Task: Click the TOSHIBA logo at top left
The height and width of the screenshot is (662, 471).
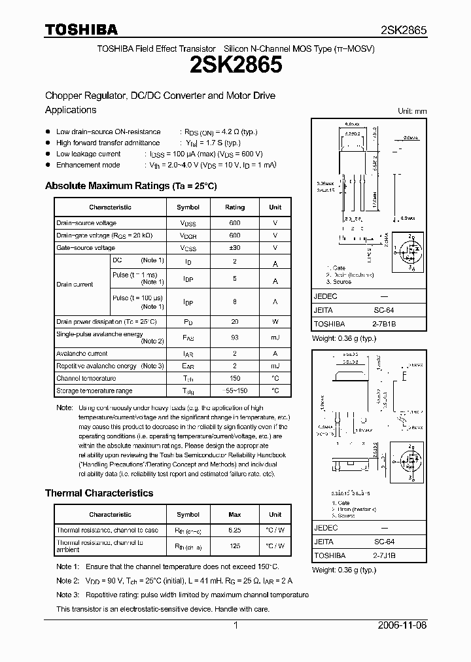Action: point(81,29)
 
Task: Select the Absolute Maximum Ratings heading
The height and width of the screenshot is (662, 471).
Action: point(131,186)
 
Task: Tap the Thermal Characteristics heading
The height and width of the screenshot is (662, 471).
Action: point(99,493)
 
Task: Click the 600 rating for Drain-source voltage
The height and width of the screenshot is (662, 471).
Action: point(235,223)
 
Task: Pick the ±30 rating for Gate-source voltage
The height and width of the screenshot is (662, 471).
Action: point(235,248)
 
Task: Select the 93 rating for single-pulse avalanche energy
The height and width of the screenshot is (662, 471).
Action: point(235,337)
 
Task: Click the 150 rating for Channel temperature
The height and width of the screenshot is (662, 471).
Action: point(235,378)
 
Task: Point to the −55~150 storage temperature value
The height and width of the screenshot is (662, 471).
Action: point(235,391)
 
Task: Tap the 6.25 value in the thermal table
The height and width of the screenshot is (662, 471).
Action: point(235,530)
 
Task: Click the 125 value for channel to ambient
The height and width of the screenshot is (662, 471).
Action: point(235,546)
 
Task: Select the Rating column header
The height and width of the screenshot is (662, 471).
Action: point(235,207)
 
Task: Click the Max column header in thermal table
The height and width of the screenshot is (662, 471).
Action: point(235,514)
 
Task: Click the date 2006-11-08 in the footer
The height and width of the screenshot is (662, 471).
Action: point(402,625)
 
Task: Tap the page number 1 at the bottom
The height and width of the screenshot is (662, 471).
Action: point(235,625)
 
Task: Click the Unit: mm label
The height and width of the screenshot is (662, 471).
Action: point(412,112)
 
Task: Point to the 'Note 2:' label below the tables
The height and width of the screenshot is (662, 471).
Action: point(67,580)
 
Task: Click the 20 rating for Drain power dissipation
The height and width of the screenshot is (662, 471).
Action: point(235,322)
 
